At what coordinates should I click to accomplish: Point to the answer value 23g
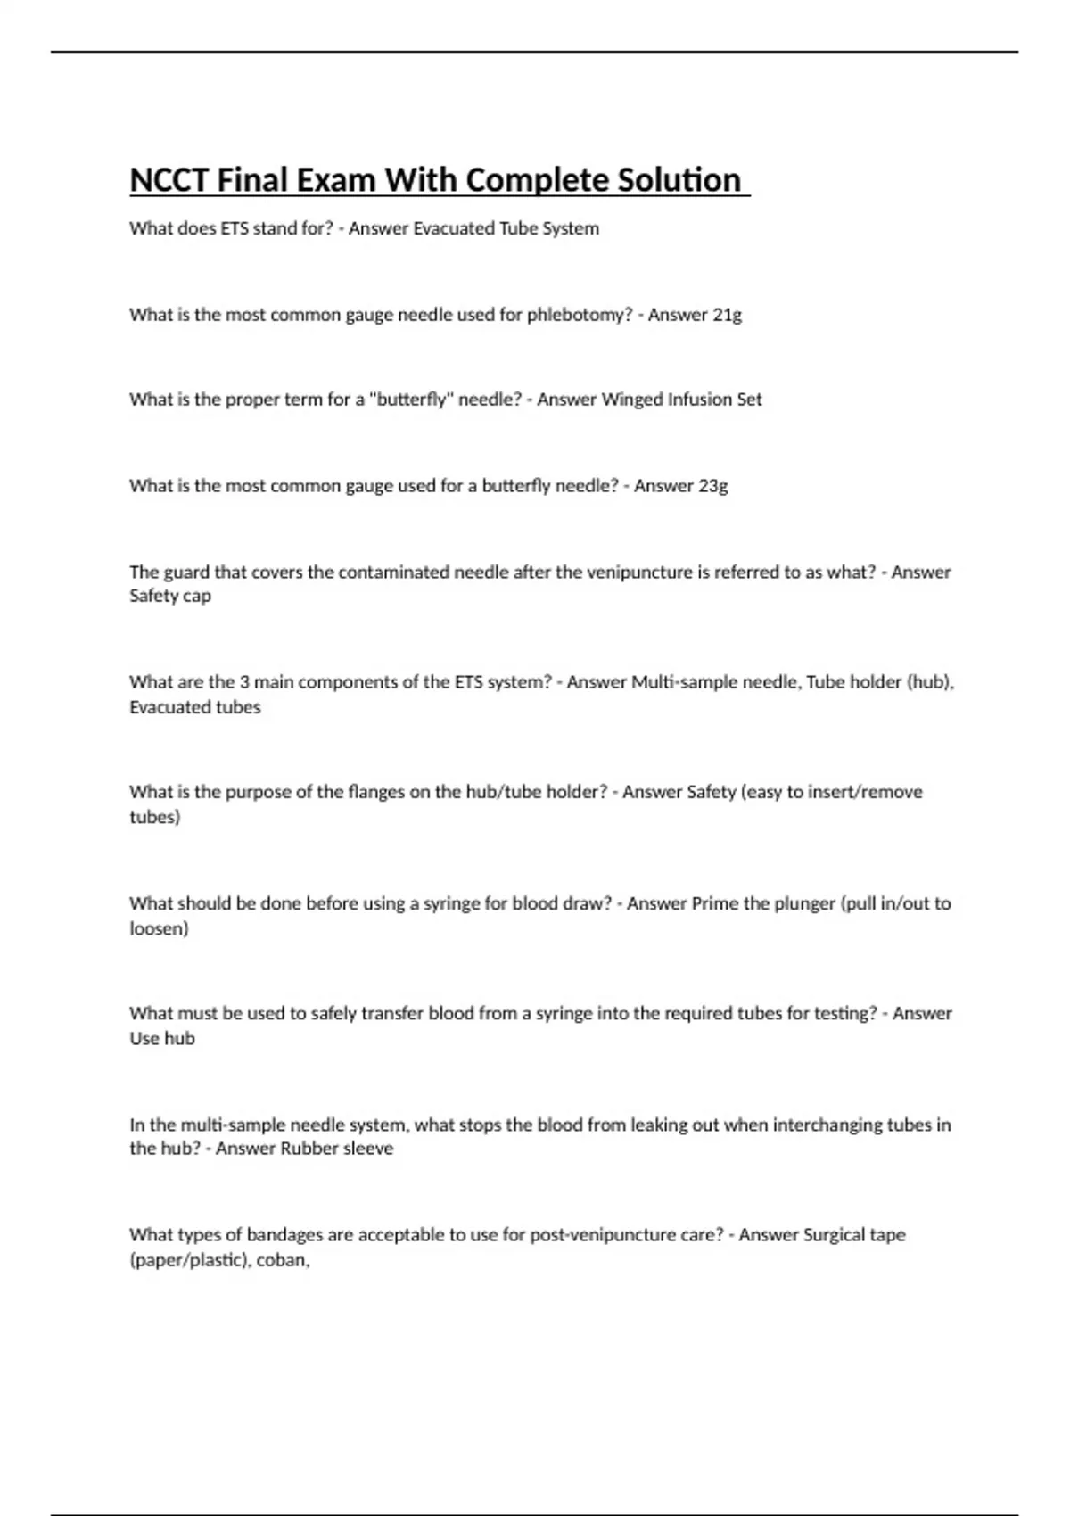point(713,486)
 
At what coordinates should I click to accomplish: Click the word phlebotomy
point(579,315)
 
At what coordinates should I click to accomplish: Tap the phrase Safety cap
point(170,596)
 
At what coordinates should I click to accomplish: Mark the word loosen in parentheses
point(158,928)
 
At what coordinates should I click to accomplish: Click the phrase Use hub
point(161,1038)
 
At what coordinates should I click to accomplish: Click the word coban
point(281,1260)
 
